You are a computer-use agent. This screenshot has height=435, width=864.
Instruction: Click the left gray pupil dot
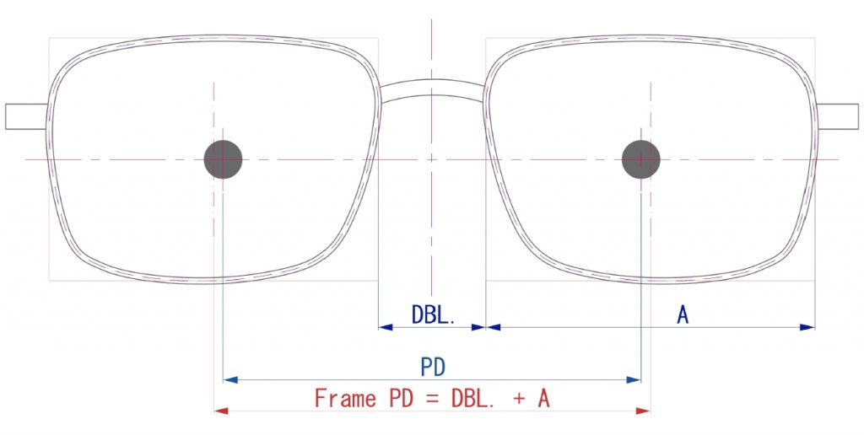point(223,159)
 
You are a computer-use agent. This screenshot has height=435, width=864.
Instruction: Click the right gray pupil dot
point(641,159)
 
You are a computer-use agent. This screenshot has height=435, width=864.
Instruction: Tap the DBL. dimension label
point(434,314)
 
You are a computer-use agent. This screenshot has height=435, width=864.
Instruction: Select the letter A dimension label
point(683,315)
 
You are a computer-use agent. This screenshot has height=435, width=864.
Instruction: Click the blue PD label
point(433,368)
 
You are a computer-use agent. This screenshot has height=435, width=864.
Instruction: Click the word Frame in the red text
point(345,399)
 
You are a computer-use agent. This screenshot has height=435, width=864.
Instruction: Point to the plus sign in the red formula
point(519,400)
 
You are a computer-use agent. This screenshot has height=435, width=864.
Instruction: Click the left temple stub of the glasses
point(26,116)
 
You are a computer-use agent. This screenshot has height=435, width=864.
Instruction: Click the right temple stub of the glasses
point(838,116)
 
